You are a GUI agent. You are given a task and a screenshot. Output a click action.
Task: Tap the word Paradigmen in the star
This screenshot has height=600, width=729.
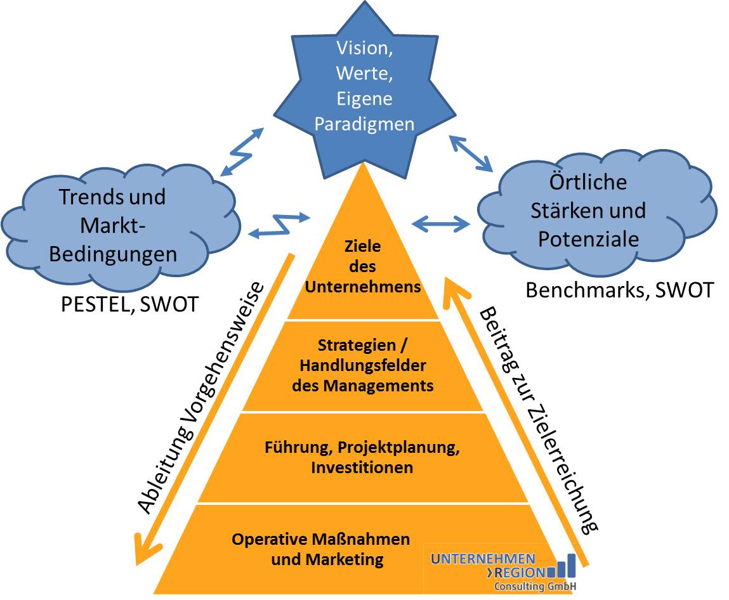click(x=364, y=124)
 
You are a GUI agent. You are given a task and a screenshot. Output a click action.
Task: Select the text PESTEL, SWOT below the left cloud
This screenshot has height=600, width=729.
click(x=129, y=305)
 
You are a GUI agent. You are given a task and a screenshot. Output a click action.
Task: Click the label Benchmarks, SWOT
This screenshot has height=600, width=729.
click(x=619, y=290)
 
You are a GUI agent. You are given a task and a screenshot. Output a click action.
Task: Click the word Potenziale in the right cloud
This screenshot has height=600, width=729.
click(x=589, y=239)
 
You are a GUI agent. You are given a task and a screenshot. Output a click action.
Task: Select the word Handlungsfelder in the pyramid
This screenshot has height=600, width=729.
click(x=363, y=365)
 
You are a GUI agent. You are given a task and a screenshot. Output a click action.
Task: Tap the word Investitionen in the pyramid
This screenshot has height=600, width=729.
click(x=362, y=467)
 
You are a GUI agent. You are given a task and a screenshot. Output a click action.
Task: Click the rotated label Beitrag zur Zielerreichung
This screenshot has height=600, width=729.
click(x=539, y=420)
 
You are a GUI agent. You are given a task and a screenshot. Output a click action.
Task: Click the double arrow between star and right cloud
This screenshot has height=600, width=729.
click(x=471, y=153)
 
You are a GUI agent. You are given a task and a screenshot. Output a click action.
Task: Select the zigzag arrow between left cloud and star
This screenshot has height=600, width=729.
click(x=242, y=152)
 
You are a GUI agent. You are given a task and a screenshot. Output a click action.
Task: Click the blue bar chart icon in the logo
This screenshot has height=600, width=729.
click(x=562, y=566)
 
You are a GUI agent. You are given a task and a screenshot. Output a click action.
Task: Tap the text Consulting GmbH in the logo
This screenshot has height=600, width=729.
click(x=535, y=586)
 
